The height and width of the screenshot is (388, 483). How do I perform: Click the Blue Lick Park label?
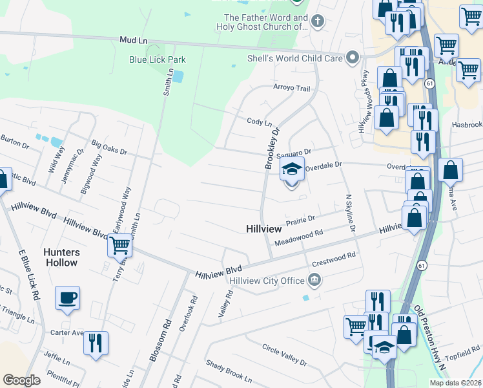click(x=158, y=59)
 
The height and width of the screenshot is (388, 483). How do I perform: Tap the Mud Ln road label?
click(x=133, y=40)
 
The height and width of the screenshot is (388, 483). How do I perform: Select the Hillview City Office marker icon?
click(x=314, y=280)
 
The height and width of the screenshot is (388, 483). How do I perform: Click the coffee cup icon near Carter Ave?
click(x=67, y=298)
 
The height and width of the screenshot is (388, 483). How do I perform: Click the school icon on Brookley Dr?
click(x=292, y=169)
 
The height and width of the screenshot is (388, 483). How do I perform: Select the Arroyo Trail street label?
click(x=292, y=88)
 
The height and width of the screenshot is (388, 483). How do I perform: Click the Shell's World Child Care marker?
click(x=352, y=58)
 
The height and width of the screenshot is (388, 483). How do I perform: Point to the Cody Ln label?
click(x=260, y=122)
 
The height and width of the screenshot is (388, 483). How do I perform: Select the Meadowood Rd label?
click(x=298, y=237)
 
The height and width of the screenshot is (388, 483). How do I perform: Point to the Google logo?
click(x=21, y=380)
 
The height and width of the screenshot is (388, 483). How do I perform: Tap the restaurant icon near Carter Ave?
click(x=96, y=343)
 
